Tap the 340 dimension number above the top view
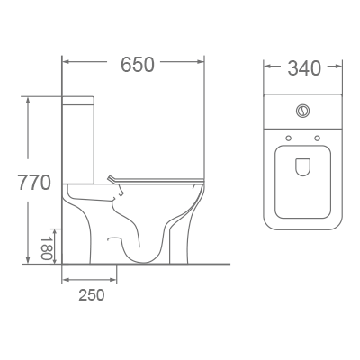point(303,67)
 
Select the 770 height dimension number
point(33,182)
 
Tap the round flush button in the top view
point(302,112)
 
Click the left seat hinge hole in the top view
point(287,138)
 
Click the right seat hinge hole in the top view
point(318,138)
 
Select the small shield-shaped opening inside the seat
point(302,166)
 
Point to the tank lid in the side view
point(79,96)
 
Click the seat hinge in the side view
point(112,179)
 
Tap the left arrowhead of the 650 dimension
point(66,65)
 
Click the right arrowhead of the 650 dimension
point(202,65)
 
